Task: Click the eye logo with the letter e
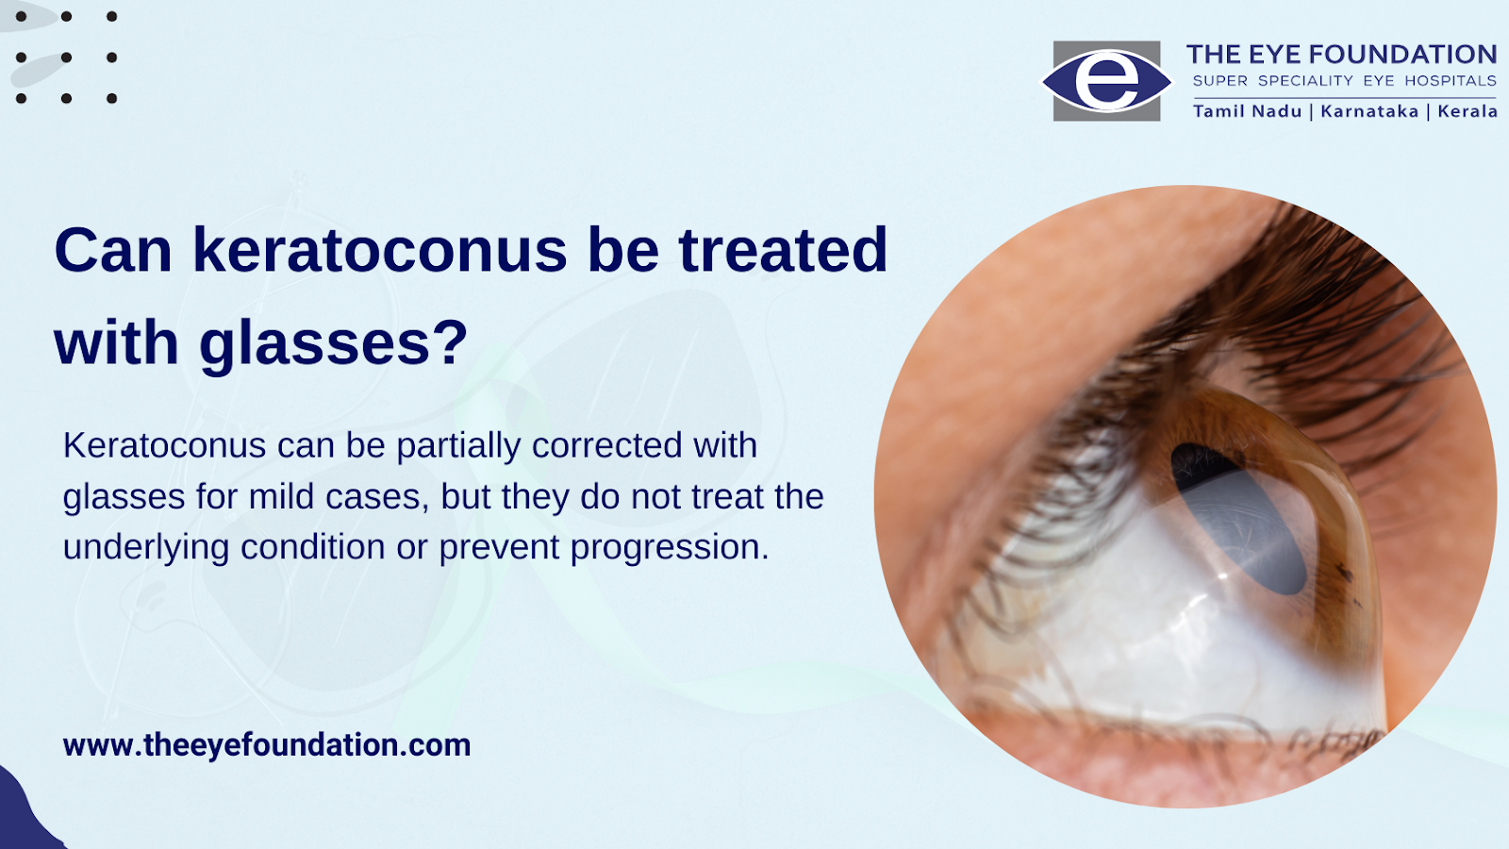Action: [1107, 81]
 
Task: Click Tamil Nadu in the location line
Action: [1248, 111]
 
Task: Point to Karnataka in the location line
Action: [1369, 111]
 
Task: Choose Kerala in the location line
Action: [1468, 111]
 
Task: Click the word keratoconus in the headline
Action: [380, 250]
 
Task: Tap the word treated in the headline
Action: [783, 250]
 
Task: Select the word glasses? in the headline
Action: [334, 343]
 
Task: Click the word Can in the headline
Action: [113, 250]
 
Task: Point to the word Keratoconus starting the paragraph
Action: [165, 445]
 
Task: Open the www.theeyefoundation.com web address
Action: [267, 745]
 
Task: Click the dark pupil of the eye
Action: [1239, 519]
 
